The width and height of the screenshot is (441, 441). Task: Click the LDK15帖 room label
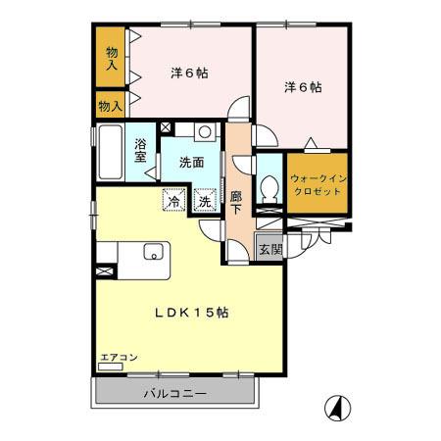click(x=191, y=314)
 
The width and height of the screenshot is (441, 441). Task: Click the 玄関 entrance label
click(x=269, y=249)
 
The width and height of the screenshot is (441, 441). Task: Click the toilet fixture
click(x=269, y=185)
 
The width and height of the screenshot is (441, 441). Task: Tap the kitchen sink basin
click(x=152, y=252)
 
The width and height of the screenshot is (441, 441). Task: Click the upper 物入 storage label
click(x=112, y=59)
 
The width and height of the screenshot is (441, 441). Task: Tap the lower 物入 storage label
click(x=111, y=104)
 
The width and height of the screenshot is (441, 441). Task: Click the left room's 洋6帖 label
click(x=189, y=73)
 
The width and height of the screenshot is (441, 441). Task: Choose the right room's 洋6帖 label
click(x=303, y=87)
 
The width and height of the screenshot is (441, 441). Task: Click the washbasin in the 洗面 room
click(x=204, y=130)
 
